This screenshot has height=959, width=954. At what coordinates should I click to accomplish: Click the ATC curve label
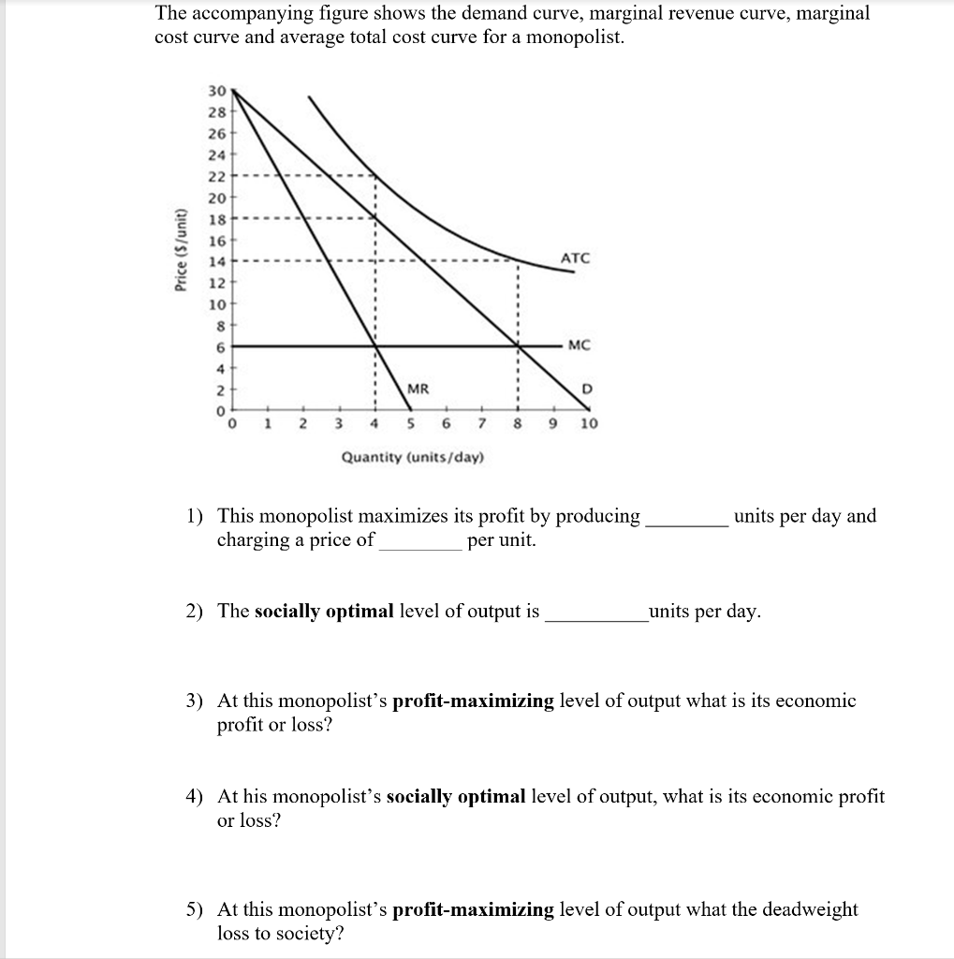575,258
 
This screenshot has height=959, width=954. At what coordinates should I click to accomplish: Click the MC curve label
580,346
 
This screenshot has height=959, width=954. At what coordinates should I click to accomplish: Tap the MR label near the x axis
418,389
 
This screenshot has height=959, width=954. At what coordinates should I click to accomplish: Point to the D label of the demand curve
587,389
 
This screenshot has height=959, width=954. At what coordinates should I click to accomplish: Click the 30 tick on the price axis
216,92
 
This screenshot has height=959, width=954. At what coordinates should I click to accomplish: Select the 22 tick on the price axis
216,175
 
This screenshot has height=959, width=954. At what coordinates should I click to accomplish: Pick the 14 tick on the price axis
216,261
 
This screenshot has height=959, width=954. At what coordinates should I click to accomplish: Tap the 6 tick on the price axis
219,347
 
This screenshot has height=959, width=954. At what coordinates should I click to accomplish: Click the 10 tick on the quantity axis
588,424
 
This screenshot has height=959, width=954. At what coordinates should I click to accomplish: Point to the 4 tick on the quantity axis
374,424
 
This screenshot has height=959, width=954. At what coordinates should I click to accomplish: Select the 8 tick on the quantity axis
517,424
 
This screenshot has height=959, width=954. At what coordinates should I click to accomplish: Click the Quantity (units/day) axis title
413,457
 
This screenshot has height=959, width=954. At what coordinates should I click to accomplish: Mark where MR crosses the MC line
375,346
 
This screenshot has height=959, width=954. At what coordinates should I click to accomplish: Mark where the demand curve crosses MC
518,346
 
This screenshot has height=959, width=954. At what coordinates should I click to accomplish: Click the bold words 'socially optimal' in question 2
324,612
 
